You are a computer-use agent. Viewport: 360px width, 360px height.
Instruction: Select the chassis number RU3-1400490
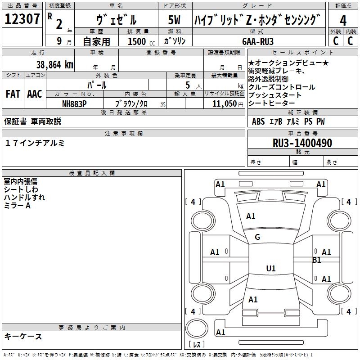(x=302, y=143)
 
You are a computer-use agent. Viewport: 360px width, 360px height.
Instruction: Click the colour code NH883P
(x=74, y=103)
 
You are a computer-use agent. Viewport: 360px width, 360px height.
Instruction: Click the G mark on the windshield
(x=257, y=237)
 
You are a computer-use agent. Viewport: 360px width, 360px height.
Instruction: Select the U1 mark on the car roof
(x=270, y=269)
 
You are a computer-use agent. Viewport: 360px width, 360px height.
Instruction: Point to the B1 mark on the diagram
(x=317, y=260)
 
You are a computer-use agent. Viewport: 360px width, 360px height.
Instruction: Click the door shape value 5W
(x=175, y=20)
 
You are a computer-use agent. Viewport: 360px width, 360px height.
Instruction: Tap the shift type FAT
(x=13, y=94)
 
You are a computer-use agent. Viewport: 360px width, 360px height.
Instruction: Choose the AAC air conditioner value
(x=35, y=94)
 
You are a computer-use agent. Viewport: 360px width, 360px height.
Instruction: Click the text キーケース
(x=23, y=336)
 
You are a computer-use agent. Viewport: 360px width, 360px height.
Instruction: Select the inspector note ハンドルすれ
(x=24, y=197)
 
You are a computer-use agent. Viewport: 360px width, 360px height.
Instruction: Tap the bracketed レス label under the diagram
(x=196, y=345)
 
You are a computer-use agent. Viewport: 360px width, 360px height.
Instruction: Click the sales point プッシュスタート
(x=274, y=95)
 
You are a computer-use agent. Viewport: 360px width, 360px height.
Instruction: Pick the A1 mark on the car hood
(x=251, y=216)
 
